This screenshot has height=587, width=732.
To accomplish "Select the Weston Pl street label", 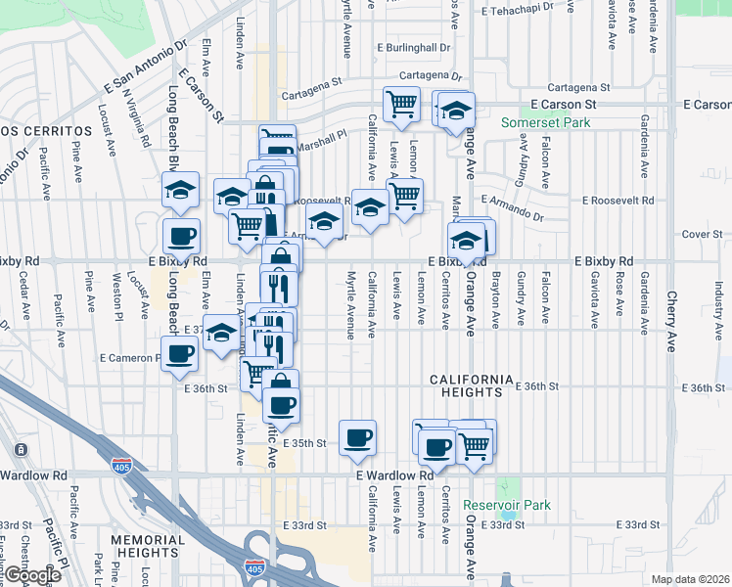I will pyautogui.click(x=117, y=294).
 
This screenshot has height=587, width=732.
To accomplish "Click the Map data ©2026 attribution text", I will pyautogui.click(x=690, y=579).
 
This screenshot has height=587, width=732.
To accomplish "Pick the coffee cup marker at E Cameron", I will pyautogui.click(x=180, y=354).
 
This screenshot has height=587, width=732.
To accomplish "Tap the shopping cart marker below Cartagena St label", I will pyautogui.click(x=401, y=104).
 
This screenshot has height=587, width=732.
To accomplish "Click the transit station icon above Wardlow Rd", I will pyautogui.click(x=21, y=449).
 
